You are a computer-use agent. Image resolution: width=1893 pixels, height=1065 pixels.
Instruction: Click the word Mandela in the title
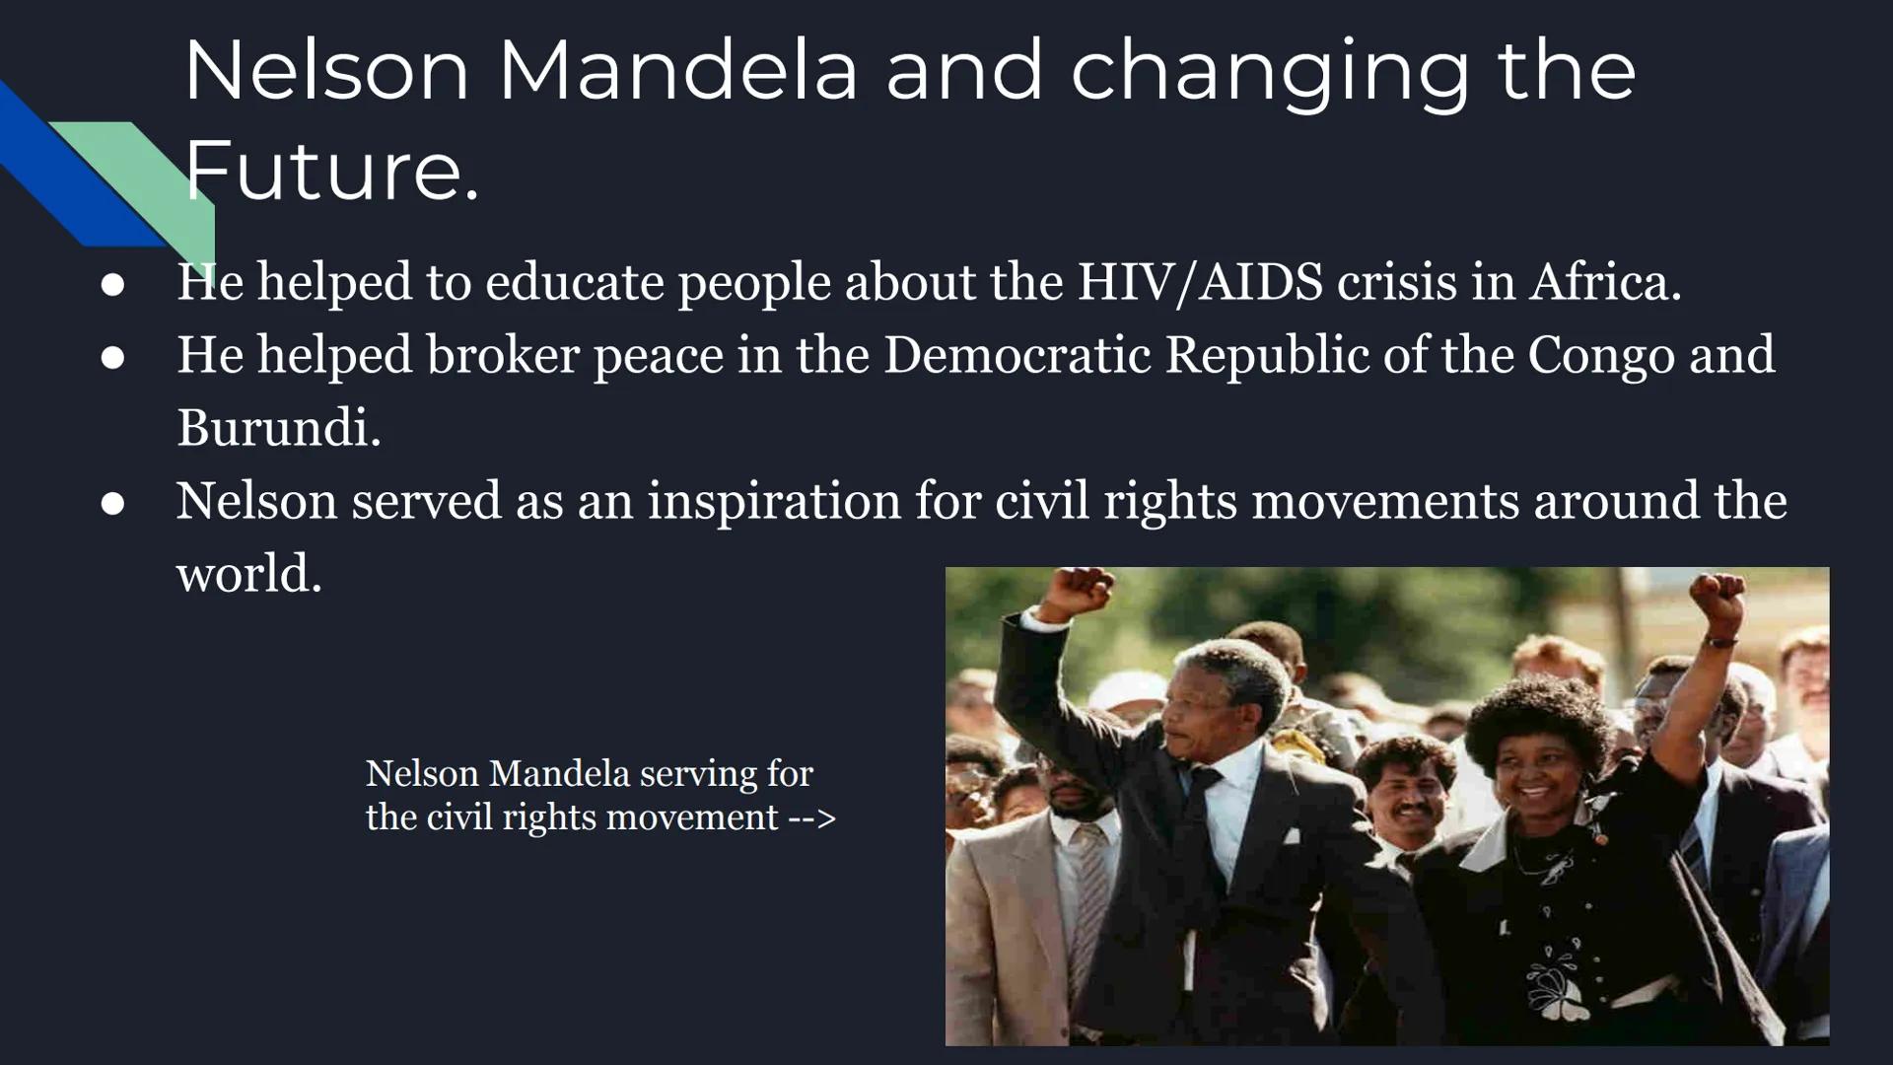pyautogui.click(x=677, y=71)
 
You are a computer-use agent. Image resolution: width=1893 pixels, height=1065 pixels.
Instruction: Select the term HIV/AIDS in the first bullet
pyautogui.click(x=1199, y=282)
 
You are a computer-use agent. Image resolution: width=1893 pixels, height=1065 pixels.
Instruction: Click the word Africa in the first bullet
pyautogui.click(x=1604, y=282)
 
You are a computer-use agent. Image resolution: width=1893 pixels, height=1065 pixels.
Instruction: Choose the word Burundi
pyautogui.click(x=277, y=428)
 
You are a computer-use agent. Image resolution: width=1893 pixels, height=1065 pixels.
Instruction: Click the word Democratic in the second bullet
pyautogui.click(x=1017, y=355)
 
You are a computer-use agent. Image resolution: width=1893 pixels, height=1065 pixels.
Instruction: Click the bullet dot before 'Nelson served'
pyautogui.click(x=112, y=504)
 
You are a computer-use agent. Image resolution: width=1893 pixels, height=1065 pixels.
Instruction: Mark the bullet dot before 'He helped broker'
pyautogui.click(x=112, y=357)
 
